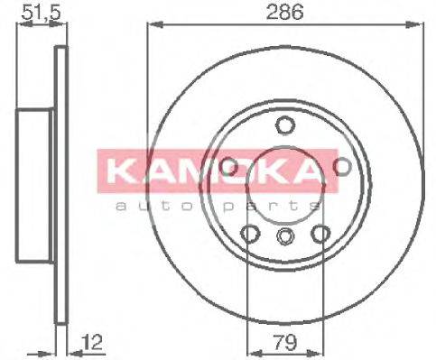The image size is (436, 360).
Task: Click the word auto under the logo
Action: click(150, 207)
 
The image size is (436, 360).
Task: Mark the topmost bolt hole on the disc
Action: click(285, 125)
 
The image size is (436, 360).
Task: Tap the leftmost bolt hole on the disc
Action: click(228, 166)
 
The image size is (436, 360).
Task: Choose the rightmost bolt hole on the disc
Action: click(342, 166)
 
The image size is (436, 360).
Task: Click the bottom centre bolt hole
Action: click(285, 237)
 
